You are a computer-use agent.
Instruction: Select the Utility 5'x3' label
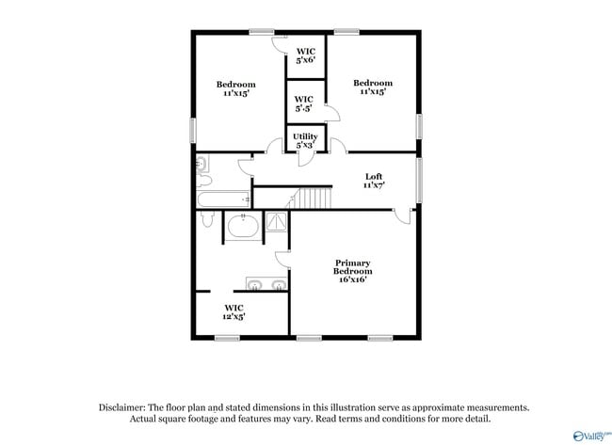coord(306,141)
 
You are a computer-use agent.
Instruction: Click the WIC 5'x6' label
coord(305,56)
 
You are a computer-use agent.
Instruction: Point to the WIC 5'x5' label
coord(303,103)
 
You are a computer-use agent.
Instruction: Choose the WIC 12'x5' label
coord(234,312)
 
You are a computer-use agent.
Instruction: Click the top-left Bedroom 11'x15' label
coord(235,88)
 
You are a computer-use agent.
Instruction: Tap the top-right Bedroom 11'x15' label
coord(373,87)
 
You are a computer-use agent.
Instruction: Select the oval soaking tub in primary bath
coord(243,228)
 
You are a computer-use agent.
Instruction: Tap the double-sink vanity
coord(266,284)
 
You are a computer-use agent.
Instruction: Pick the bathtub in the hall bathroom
coord(223,199)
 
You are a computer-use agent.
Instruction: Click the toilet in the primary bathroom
coord(205,220)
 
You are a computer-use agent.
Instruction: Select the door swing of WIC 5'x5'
coord(331,114)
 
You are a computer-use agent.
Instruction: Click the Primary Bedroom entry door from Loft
coord(402,216)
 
